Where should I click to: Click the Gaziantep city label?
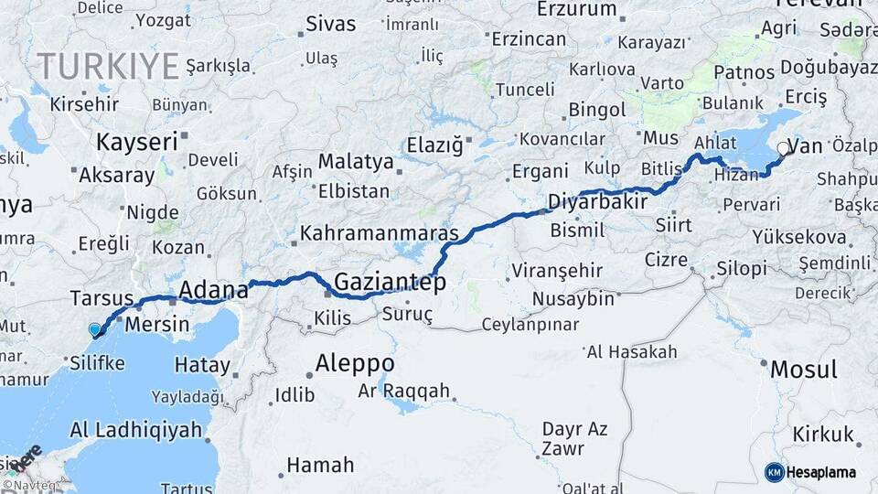pos(390,282)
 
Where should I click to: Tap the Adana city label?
pos(214,291)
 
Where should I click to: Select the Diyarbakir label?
pos(597,200)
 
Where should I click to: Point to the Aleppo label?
pos(355,363)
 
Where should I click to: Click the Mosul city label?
pos(804,370)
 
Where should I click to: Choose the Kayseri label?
pos(136,142)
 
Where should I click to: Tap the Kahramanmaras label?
pos(379,233)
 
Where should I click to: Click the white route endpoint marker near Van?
pos(783,147)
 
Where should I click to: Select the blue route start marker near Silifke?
pos(94,329)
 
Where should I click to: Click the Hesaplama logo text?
pos(822,472)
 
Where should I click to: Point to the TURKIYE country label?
pos(108,66)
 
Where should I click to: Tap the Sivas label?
pos(331,24)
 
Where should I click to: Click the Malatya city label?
pos(356,162)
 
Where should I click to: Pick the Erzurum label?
pos(577,9)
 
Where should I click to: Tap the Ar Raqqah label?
pos(404,391)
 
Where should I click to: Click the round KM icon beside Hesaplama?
pos(775,472)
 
